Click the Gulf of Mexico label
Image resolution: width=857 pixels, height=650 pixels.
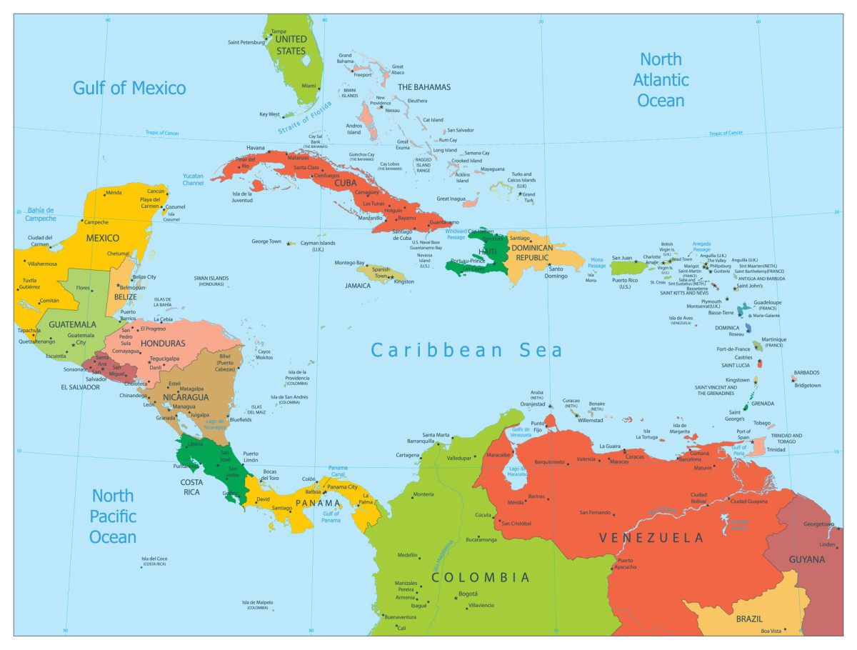(129, 88)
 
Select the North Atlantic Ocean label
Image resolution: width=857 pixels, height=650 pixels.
(661, 79)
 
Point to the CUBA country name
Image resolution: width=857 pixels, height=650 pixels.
(346, 183)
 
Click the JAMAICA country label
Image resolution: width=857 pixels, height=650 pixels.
(358, 285)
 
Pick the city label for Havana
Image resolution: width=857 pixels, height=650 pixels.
(256, 148)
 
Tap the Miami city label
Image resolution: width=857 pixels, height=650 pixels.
(309, 86)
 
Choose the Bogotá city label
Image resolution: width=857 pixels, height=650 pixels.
(468, 594)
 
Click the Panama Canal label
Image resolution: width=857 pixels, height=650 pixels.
(338, 471)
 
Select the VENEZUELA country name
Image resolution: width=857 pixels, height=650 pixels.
(651, 538)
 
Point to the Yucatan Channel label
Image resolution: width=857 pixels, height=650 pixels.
(193, 179)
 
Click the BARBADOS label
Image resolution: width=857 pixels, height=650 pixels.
(806, 373)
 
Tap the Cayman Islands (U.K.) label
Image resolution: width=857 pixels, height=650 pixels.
(318, 246)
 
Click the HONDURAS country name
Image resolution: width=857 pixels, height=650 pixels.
(163, 343)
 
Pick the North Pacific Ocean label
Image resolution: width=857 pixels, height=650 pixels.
(113, 516)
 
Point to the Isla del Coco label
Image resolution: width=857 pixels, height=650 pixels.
(154, 561)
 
